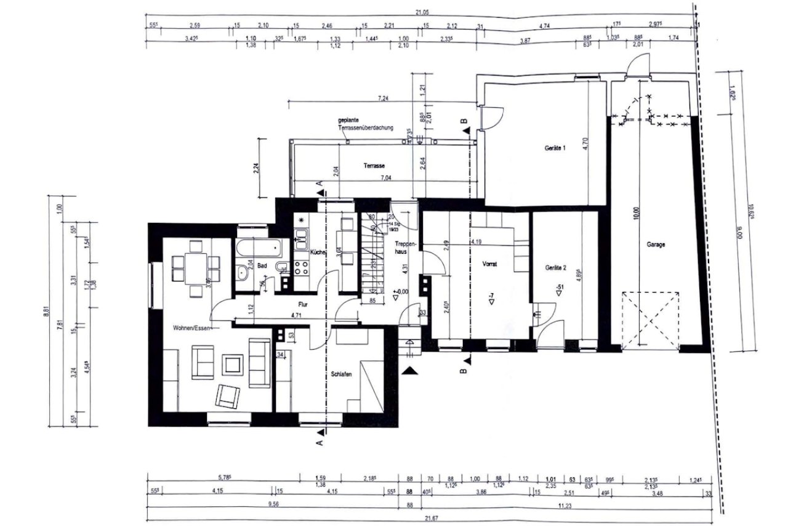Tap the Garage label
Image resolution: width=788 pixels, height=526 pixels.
[655, 245]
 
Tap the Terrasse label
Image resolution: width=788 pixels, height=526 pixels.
[374, 166]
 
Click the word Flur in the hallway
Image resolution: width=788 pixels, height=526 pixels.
[302, 304]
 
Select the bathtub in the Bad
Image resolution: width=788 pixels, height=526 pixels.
[259, 248]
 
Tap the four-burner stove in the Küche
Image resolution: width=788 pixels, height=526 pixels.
[302, 268]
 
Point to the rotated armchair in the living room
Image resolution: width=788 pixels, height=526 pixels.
[227, 395]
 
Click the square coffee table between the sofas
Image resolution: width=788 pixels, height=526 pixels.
[233, 364]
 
